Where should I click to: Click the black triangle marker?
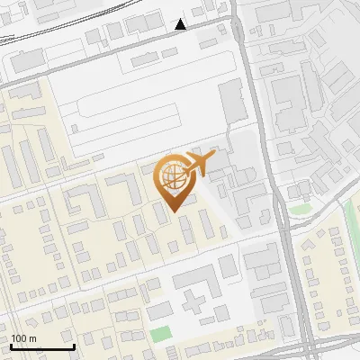point(181,24)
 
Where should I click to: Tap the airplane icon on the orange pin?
point(199,163)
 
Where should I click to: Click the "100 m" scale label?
point(23,338)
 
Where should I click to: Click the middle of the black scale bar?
point(42,346)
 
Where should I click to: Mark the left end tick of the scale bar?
point(12,346)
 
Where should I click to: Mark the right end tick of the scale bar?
point(73,346)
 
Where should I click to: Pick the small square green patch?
point(160,334)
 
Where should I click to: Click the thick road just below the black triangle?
point(180,38)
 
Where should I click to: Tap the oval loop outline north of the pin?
point(135,112)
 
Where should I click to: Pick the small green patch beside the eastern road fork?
point(299,211)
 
